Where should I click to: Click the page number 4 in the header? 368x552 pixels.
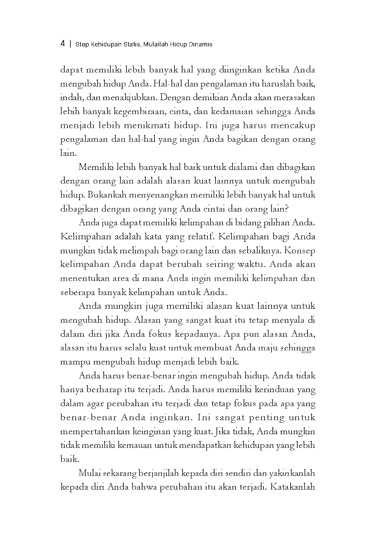63,44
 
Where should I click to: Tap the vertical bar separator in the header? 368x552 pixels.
70,44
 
